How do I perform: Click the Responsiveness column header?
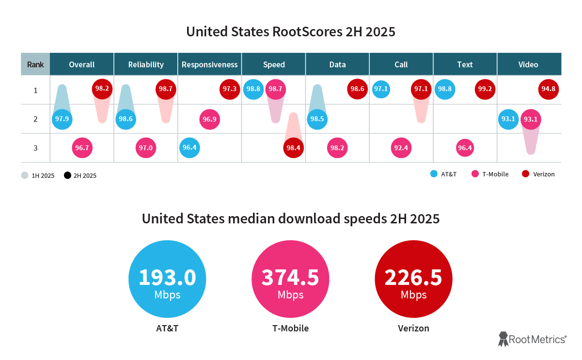pyautogui.click(x=209, y=64)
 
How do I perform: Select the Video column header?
pyautogui.click(x=528, y=64)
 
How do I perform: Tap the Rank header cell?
pyautogui.click(x=35, y=64)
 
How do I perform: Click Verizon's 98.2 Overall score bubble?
pyautogui.click(x=102, y=89)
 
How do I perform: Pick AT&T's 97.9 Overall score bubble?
pyautogui.click(x=62, y=119)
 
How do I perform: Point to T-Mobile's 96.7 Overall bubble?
pyautogui.click(x=82, y=148)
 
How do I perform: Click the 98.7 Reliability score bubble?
pyautogui.click(x=166, y=89)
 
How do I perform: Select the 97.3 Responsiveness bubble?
pyautogui.click(x=230, y=89)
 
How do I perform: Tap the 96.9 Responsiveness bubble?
pyautogui.click(x=210, y=119)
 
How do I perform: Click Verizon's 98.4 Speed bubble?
pyautogui.click(x=293, y=148)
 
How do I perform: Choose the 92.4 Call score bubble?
pyautogui.click(x=401, y=148)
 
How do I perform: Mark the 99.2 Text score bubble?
pyautogui.click(x=485, y=89)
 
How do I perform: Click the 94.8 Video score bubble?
pyautogui.click(x=549, y=89)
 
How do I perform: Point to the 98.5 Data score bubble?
pyautogui.click(x=317, y=119)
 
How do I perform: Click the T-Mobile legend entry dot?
pyautogui.click(x=475, y=174)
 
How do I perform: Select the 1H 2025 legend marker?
pyautogui.click(x=25, y=175)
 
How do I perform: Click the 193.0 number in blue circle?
pyautogui.click(x=167, y=277)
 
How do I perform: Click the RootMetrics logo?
pyautogui.click(x=532, y=339)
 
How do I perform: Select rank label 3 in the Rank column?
pyautogui.click(x=35, y=148)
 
